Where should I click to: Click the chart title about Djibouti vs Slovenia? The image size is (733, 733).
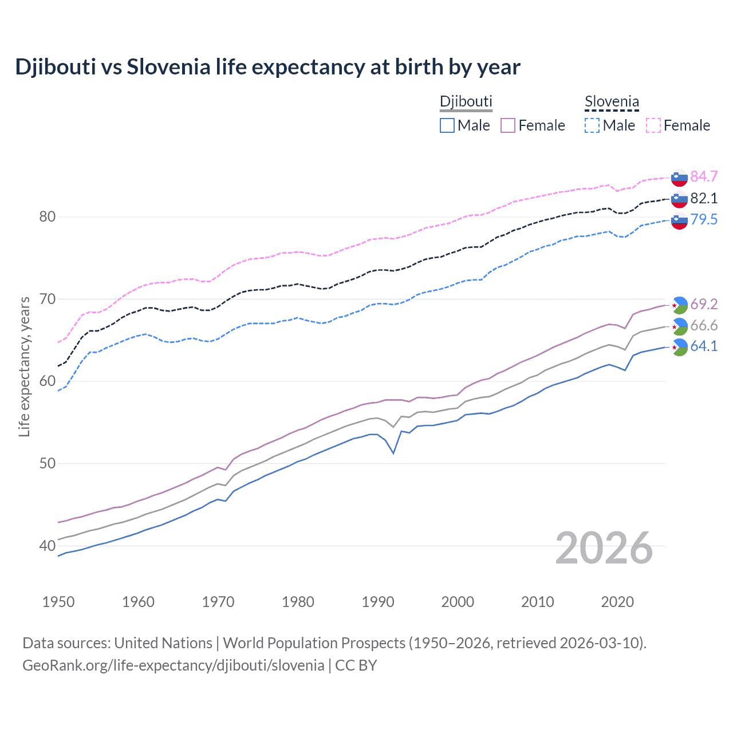[x=267, y=67]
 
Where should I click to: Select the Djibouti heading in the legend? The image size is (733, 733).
[x=466, y=102]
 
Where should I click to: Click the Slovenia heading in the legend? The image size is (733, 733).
[x=612, y=102]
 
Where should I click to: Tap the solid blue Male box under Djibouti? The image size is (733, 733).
[x=447, y=125]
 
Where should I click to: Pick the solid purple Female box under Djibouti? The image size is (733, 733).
[x=509, y=125]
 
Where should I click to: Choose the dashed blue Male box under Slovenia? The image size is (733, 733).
[x=592, y=125]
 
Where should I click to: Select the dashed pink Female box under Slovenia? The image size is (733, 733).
[x=653, y=125]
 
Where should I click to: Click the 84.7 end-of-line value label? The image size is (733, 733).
[x=704, y=176]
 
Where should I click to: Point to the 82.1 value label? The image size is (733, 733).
[x=704, y=198]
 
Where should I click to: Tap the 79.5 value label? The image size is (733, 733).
[x=704, y=219]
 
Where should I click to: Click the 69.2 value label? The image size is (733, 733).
[x=704, y=304]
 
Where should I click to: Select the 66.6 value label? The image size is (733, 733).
[x=704, y=325]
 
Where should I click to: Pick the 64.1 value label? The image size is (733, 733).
[x=704, y=346]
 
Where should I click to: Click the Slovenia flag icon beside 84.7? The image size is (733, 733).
[x=679, y=178]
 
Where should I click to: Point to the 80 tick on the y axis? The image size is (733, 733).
[x=48, y=216]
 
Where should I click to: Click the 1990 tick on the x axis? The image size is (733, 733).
[x=378, y=602]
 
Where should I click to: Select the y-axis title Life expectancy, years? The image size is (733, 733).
[x=25, y=366]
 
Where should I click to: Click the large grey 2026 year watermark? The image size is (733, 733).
[x=604, y=548]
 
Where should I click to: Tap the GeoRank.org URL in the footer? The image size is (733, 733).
[x=173, y=665]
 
